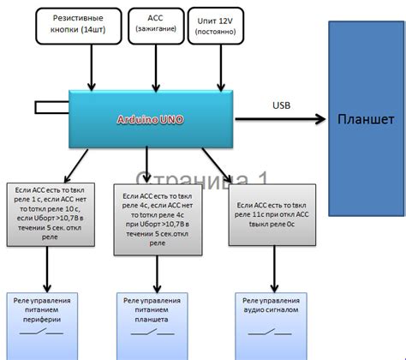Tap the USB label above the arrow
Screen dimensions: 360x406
[x=282, y=106]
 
